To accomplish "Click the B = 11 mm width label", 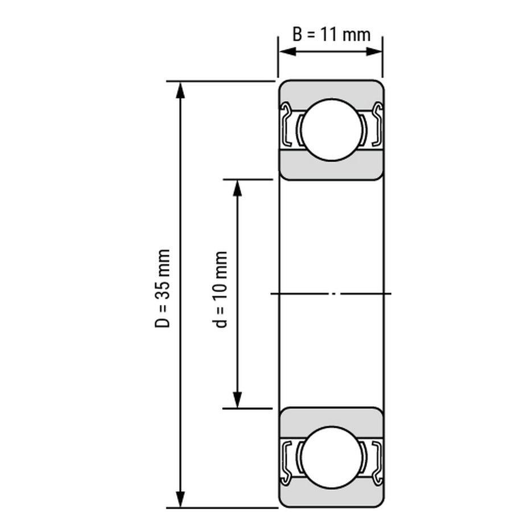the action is point(331,34).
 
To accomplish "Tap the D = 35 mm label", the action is point(162,288).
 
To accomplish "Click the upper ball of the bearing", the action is point(332,130).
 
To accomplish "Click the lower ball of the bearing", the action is point(332,457).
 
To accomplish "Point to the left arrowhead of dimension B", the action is point(288,52).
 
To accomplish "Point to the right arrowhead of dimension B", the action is point(374,52).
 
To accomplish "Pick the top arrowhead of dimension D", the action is point(180,90).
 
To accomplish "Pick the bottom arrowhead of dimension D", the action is point(180,499).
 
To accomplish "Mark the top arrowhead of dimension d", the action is point(237,188).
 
